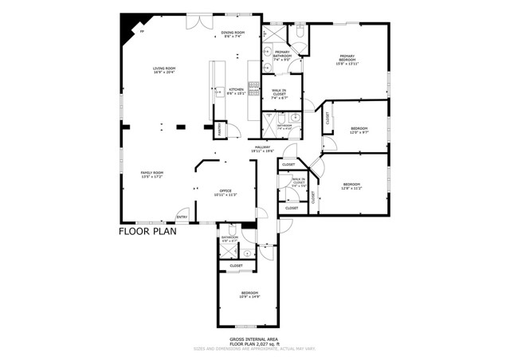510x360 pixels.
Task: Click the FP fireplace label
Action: tap(142, 32)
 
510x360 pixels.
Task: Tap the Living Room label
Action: tap(164, 70)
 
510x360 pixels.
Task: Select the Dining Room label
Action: tap(233, 33)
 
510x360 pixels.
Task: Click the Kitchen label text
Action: tap(236, 91)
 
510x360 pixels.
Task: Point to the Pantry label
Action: tap(219, 131)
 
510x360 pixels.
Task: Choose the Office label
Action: tap(226, 192)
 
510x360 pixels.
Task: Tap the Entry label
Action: tap(182, 217)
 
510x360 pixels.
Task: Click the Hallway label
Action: tap(264, 148)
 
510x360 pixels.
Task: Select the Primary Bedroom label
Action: tap(347, 60)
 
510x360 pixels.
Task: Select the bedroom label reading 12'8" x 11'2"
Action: tap(351, 186)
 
